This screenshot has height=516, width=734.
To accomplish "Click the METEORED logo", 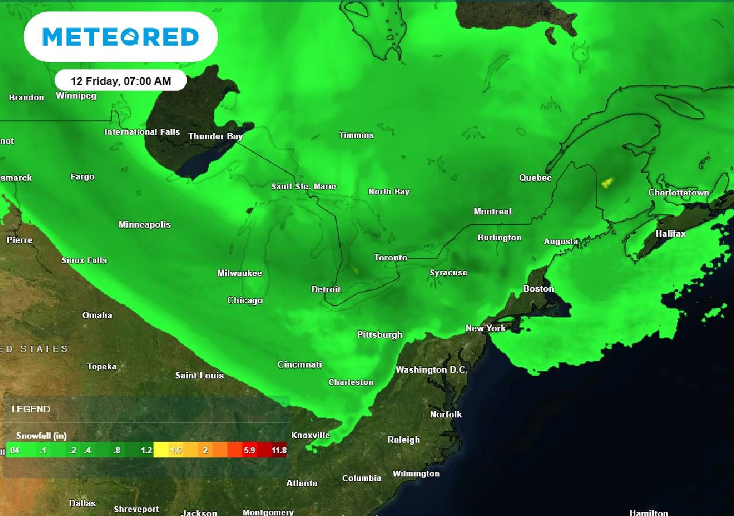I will (x=120, y=37).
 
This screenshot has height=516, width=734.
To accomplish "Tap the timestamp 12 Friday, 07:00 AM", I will (x=121, y=81).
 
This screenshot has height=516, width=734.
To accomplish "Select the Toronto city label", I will (x=391, y=257).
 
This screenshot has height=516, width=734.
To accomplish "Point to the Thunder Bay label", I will (x=216, y=136).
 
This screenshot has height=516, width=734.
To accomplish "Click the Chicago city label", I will (x=245, y=300).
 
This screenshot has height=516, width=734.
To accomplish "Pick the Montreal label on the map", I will (x=492, y=212).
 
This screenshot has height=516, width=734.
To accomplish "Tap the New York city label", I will (x=486, y=329).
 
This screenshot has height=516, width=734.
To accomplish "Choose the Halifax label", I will (x=670, y=234).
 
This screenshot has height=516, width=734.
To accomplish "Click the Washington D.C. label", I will (x=431, y=370).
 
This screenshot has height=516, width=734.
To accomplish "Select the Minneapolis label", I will (x=145, y=225).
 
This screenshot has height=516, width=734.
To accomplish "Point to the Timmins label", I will (x=356, y=135).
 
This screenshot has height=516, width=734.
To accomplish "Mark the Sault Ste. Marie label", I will (x=304, y=186).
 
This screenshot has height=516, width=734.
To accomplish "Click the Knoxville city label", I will (x=310, y=435).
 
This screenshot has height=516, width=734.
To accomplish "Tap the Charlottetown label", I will (x=678, y=193).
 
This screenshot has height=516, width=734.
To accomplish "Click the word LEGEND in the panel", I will (x=31, y=409).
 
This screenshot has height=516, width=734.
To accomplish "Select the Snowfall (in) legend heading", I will (x=41, y=436).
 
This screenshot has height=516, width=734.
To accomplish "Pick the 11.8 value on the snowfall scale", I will (x=279, y=450).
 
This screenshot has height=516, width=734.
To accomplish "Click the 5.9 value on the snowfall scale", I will (x=249, y=450).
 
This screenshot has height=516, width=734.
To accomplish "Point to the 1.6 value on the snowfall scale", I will (x=175, y=450).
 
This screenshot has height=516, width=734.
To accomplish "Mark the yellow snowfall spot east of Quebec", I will (x=607, y=183).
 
